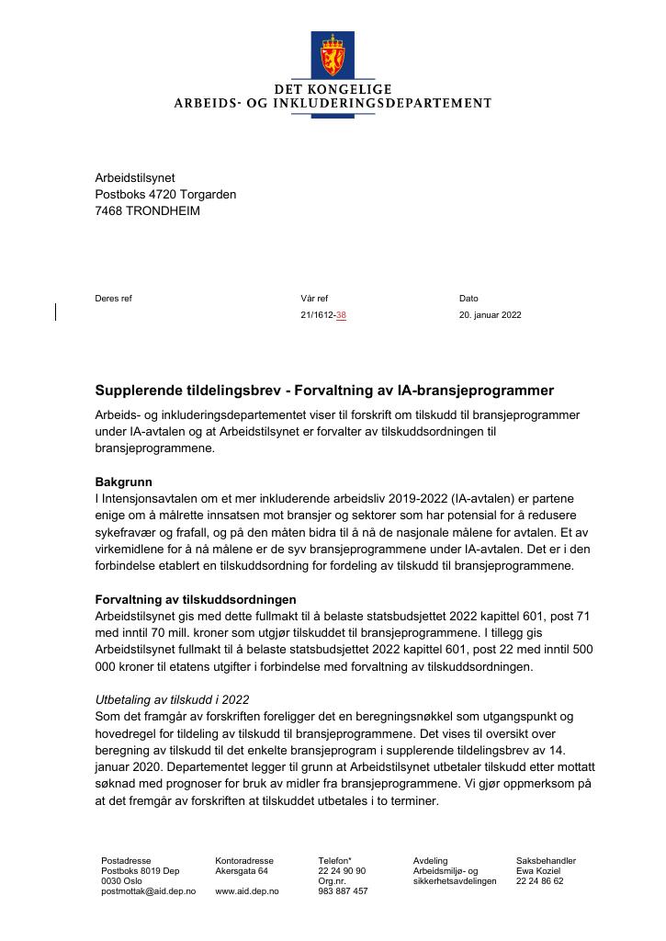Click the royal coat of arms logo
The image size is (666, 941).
333,55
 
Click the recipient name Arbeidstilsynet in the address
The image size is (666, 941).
135,177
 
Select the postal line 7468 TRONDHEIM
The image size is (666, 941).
147,210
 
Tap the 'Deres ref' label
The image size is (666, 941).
113,299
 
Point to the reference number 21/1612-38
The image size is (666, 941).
323,314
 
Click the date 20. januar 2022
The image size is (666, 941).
490,314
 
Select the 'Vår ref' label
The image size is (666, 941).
314,299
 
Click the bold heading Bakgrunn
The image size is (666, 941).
124,482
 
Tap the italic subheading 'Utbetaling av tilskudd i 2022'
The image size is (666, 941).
173,699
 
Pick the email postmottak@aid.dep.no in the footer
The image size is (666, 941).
148,891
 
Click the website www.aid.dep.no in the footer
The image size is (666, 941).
246,891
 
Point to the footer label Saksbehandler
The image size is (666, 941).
546,861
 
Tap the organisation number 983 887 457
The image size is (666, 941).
343,891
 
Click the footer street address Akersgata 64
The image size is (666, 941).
242,871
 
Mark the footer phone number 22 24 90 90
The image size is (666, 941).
342,871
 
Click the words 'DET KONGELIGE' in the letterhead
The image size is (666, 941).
333,89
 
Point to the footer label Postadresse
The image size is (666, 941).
126,861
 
